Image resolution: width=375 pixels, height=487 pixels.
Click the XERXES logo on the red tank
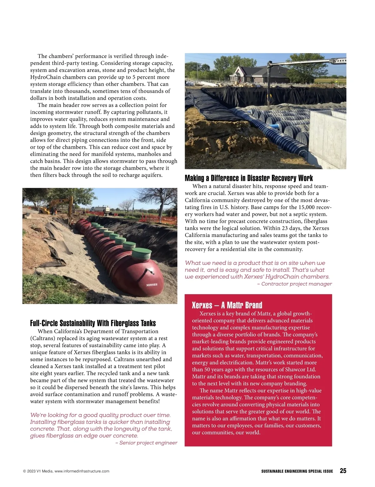tap(152, 285)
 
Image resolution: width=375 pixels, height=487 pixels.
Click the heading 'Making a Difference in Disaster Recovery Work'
tap(248, 178)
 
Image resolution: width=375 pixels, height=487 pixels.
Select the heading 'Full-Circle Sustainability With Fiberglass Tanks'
tap(93, 323)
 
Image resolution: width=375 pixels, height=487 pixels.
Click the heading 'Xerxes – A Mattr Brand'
tap(227, 305)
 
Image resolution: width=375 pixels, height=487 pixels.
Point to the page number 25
tap(343, 471)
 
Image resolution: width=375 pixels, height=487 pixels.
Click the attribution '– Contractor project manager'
tap(294, 284)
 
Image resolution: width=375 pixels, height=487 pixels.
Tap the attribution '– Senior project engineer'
tap(146, 443)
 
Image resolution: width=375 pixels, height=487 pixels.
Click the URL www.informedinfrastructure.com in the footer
tap(82, 471)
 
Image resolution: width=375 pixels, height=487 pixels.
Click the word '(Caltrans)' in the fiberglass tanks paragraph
tap(42, 338)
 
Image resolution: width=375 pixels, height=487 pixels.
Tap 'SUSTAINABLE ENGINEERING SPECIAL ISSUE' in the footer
tap(297, 471)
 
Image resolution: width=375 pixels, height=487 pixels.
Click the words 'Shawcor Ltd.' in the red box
tap(300, 369)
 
